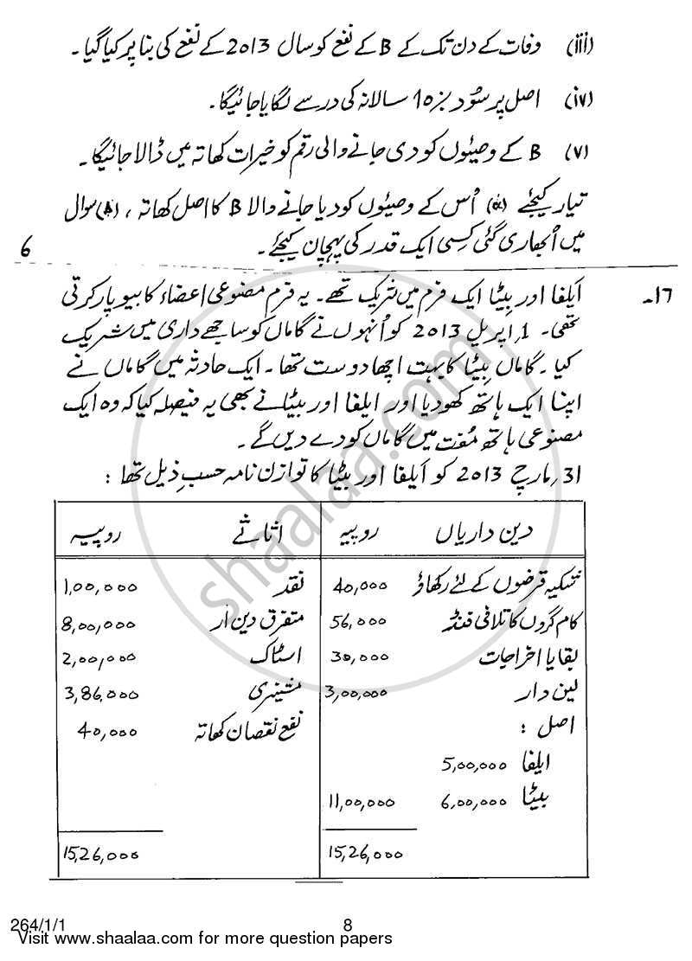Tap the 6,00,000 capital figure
(x=471, y=802)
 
